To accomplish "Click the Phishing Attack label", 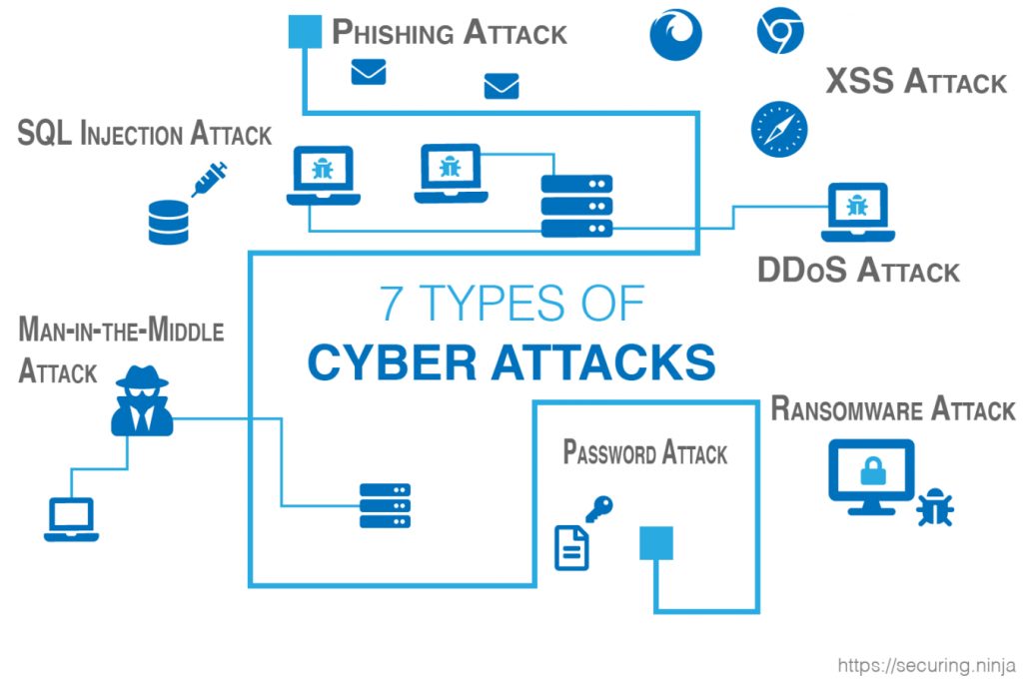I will (449, 32).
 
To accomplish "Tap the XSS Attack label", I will (916, 81).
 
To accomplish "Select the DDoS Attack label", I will (858, 270).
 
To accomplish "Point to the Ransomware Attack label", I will (893, 409).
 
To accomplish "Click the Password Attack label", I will (645, 453).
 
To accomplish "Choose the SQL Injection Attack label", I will (145, 134).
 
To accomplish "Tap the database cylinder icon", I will (168, 222).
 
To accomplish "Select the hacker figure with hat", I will (142, 400).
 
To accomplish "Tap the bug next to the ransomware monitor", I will (936, 507).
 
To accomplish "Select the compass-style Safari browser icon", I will (779, 129).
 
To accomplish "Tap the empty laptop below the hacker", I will (69, 518).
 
